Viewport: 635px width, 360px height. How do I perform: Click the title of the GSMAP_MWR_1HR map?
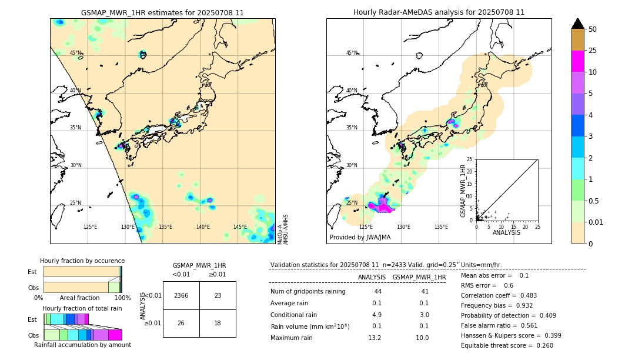pyautogui.click(x=162, y=12)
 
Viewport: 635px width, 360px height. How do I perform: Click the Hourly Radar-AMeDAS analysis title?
pyautogui.click(x=439, y=12)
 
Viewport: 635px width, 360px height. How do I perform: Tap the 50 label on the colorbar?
pyautogui.click(x=593, y=29)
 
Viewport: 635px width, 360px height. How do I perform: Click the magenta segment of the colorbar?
pyautogui.click(x=578, y=61)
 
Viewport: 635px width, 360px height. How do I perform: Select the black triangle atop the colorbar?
pyautogui.click(x=578, y=24)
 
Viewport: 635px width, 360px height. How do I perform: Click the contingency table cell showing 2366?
pyautogui.click(x=181, y=295)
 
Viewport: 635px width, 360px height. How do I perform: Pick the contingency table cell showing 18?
pyautogui.click(x=218, y=323)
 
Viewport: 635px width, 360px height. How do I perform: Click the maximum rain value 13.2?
pyautogui.click(x=375, y=338)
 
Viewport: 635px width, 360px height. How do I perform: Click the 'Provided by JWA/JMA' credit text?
pyautogui.click(x=360, y=238)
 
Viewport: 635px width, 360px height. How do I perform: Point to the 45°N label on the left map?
pyautogui.click(x=76, y=53)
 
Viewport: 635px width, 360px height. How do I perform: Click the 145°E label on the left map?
pyautogui.click(x=240, y=227)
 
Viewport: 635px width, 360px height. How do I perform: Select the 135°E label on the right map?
pyautogui.click(x=441, y=227)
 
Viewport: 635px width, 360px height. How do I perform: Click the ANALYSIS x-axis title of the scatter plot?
pyautogui.click(x=506, y=232)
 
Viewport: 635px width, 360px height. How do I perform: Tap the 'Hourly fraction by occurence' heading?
pyautogui.click(x=82, y=261)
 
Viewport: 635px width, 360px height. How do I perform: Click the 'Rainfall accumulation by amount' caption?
pyautogui.click(x=82, y=345)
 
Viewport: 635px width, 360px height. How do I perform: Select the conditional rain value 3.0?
pyautogui.click(x=424, y=315)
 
